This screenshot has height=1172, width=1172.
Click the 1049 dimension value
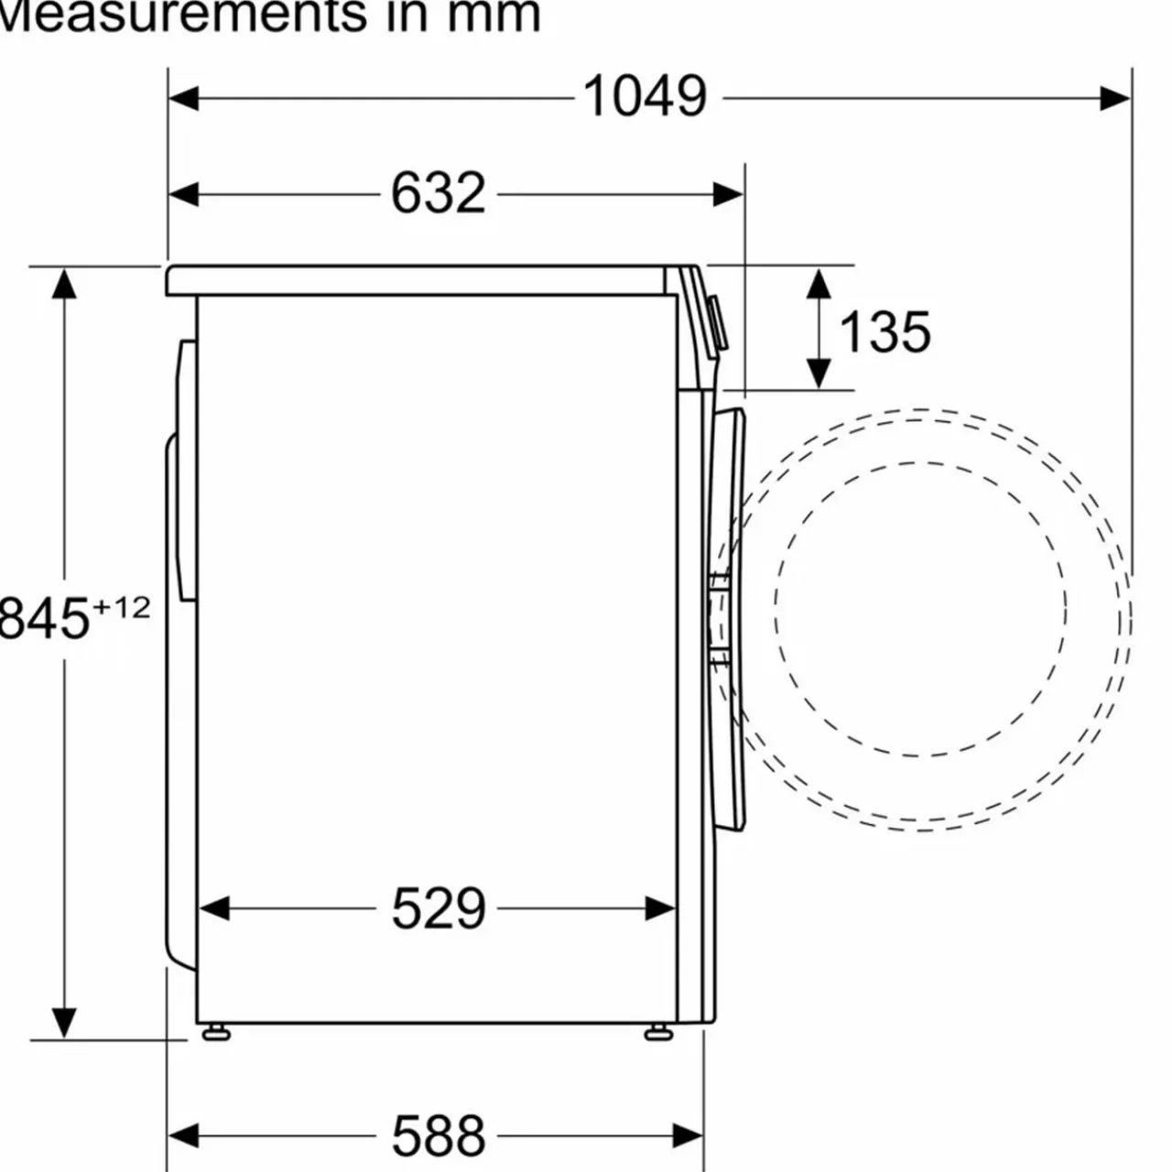[x=645, y=96]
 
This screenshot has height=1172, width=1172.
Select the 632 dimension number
[x=438, y=193]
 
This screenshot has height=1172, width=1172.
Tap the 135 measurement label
[x=884, y=332]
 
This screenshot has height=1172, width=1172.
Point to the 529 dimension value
[x=439, y=908]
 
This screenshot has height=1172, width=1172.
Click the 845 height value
[x=44, y=619]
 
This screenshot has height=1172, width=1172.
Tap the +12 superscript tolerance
[x=121, y=608]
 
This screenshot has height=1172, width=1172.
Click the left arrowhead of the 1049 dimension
[x=183, y=99]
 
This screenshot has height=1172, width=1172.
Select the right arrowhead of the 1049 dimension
[x=1115, y=99]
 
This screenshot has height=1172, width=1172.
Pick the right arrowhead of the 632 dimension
[x=728, y=195]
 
